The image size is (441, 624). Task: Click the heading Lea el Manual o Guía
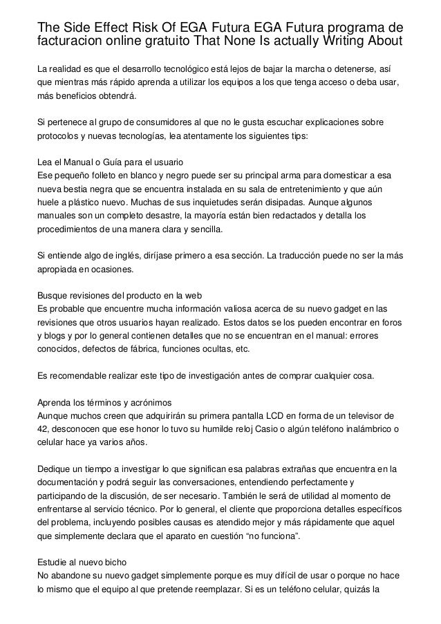pos(109,162)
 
